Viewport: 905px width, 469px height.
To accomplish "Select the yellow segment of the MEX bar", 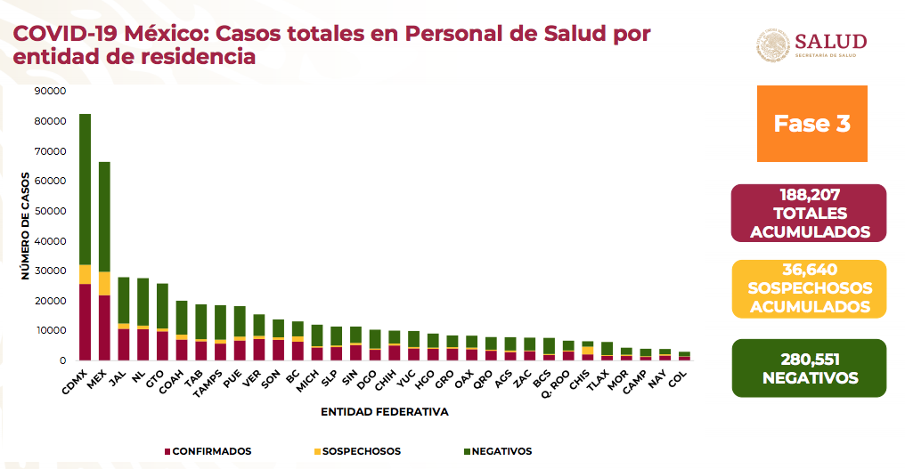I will pyautogui.click(x=104, y=283).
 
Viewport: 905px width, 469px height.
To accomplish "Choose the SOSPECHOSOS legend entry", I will pyautogui.click(x=356, y=451).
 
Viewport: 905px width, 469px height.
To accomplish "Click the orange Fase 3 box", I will pyautogui.click(x=811, y=124).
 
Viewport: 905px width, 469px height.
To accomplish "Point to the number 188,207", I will pyautogui.click(x=810, y=194).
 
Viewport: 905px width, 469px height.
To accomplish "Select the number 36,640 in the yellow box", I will pyautogui.click(x=810, y=270).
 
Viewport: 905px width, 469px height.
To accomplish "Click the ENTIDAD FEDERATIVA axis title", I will pyautogui.click(x=385, y=413).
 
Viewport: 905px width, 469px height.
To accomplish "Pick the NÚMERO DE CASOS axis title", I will pyautogui.click(x=27, y=226).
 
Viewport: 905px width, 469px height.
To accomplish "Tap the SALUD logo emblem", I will pyautogui.click(x=772, y=44).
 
